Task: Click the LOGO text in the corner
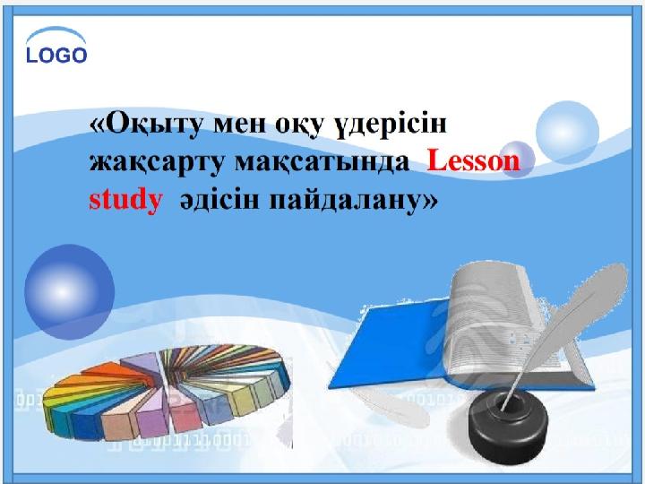[57, 56]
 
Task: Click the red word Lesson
[474, 161]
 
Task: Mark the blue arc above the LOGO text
[56, 35]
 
